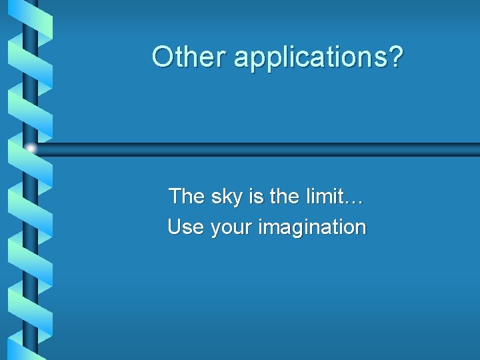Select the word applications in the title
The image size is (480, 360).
coord(311,58)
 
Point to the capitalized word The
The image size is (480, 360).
coord(187,196)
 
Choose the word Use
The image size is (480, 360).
coord(187,227)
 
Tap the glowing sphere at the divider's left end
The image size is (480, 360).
coord(31,149)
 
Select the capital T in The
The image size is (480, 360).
coord(175,196)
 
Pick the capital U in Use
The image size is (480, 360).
coord(175,227)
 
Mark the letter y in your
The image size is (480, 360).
coord(215,230)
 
